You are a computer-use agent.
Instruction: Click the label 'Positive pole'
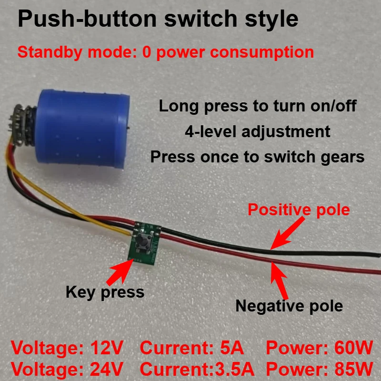299,210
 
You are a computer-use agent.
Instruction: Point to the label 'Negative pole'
289,305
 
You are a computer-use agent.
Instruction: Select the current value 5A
232,348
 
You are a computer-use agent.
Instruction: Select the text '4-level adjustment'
257,131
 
